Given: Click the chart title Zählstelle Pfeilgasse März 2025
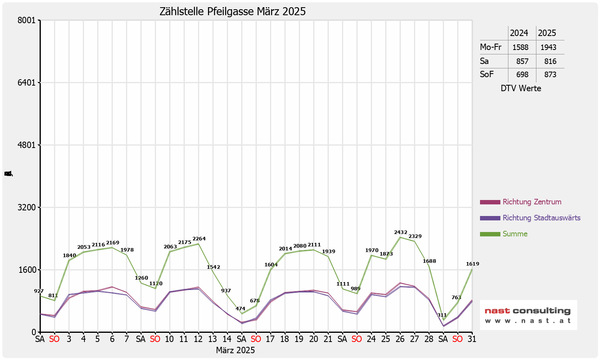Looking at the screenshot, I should click(x=232, y=12).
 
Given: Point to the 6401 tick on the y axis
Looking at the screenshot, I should click(x=28, y=82).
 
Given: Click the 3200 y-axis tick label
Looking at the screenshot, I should click(x=28, y=207).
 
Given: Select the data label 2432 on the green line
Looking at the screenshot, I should click(x=400, y=232).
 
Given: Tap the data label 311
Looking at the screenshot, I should click(x=442, y=315).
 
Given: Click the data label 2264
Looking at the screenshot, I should click(x=199, y=239).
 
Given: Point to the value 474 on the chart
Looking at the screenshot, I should click(x=240, y=309).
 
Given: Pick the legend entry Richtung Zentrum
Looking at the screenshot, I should click(x=532, y=202).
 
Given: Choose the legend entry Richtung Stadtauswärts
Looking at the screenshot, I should click(x=541, y=218).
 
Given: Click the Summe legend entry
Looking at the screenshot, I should click(x=515, y=234).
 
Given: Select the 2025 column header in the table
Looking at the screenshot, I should click(x=547, y=33).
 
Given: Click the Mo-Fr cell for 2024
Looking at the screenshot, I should click(x=520, y=47).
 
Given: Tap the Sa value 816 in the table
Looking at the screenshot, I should click(x=550, y=61).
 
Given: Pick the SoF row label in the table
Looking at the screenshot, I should click(x=487, y=74).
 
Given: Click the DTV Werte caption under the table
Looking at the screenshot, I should click(x=521, y=88).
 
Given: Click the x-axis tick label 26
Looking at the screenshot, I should click(x=400, y=339).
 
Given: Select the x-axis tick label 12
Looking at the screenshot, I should click(x=198, y=339).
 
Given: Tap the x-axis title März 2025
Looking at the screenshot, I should click(x=235, y=350).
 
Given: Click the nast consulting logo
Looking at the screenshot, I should click(x=528, y=315).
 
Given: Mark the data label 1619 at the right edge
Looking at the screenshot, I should click(x=472, y=264).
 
